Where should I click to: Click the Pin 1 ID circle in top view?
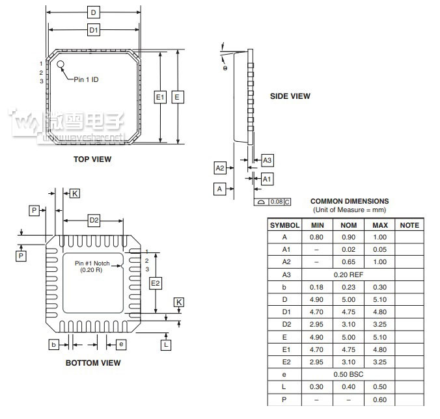(61, 64)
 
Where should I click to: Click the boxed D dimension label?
(94, 12)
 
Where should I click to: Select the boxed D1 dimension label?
(94, 30)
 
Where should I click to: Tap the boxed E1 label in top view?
(160, 97)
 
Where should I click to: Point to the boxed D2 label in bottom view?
(94, 221)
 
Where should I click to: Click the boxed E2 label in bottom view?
(155, 283)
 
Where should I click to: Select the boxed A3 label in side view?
(268, 160)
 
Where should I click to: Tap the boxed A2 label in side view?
(220, 169)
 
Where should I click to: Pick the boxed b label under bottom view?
(54, 344)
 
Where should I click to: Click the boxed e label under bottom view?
(121, 344)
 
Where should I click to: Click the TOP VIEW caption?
(92, 159)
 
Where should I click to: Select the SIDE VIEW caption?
(290, 96)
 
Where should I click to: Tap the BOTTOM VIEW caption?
(93, 363)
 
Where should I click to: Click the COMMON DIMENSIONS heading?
(350, 202)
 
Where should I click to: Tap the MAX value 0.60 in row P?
(379, 399)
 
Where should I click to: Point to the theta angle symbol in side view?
(225, 68)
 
